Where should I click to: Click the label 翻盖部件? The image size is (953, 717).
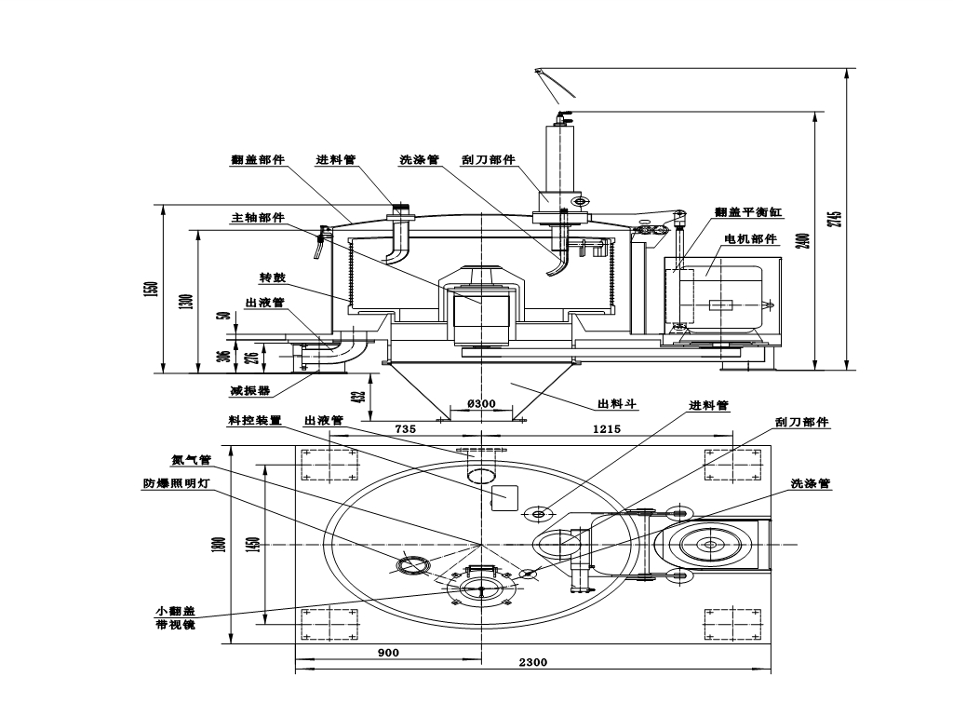(258, 160)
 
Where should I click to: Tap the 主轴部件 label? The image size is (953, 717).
(258, 218)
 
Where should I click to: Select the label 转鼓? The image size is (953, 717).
(272, 278)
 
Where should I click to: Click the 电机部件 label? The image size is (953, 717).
(750, 239)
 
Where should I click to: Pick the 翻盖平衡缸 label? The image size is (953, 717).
(748, 212)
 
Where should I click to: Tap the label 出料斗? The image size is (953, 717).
(617, 405)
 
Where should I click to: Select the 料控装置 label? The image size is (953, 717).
(254, 421)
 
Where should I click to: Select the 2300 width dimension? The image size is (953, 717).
(533, 663)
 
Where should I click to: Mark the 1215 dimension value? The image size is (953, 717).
(606, 429)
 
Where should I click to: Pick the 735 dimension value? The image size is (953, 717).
(405, 429)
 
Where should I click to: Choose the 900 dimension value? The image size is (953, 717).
(388, 653)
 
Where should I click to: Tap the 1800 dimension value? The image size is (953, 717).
(219, 545)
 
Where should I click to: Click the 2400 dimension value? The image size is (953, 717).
(805, 240)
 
